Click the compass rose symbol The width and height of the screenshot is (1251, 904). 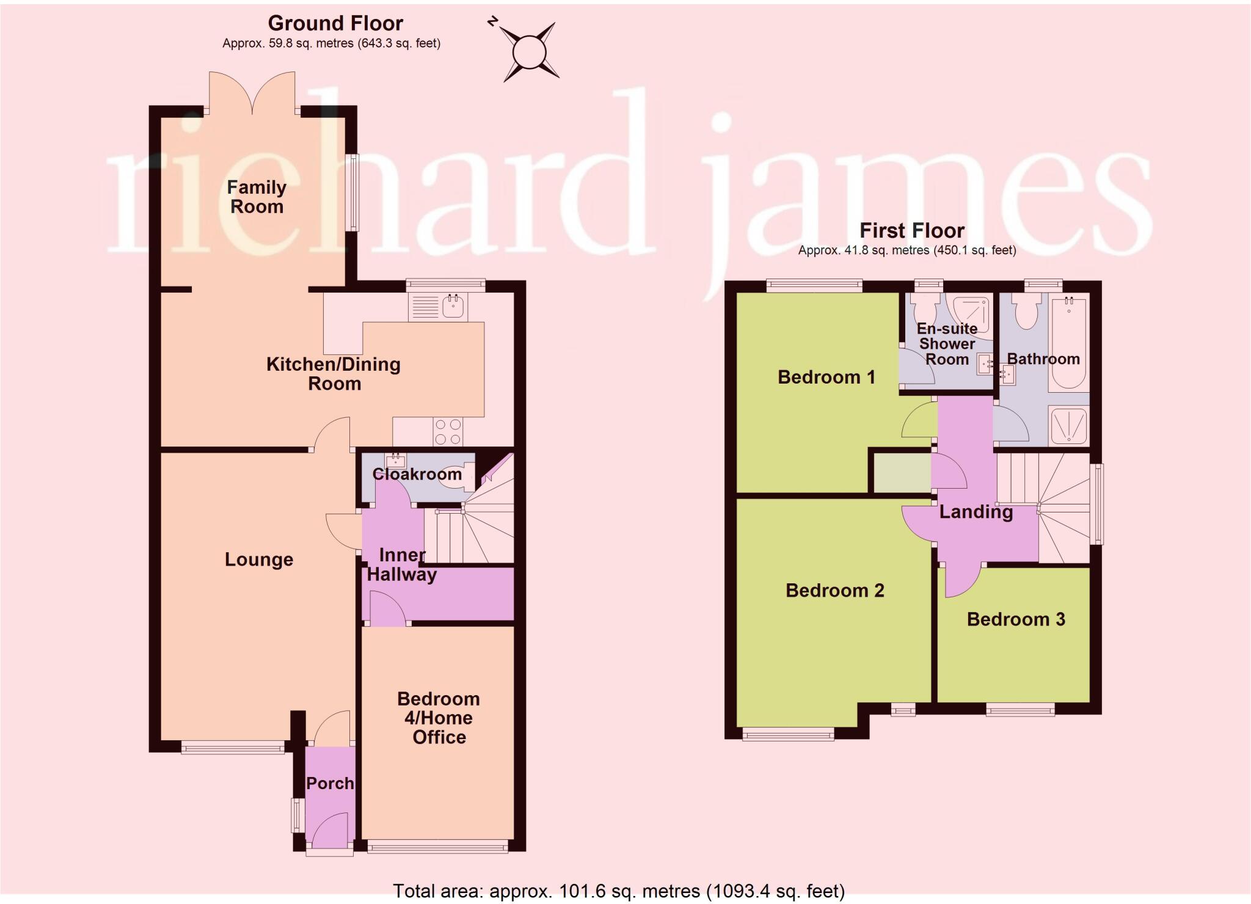[x=529, y=53]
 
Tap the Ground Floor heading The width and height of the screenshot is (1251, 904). [x=335, y=24]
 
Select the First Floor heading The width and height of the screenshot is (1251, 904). [x=911, y=231]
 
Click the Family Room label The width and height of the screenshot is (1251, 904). [x=257, y=197]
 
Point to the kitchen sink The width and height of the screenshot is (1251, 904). [x=453, y=306]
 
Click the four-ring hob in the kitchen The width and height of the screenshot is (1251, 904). [x=447, y=431]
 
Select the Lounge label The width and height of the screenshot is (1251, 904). [x=259, y=560]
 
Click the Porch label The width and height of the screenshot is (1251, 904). [x=330, y=783]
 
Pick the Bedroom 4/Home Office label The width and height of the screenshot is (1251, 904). [x=439, y=718]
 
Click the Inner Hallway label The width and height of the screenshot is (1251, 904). [x=401, y=564]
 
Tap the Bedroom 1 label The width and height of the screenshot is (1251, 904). [x=826, y=377]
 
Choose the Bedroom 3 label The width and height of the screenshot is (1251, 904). [x=1015, y=619]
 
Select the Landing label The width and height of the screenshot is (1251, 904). [x=976, y=512]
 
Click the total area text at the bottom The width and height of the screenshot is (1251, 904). [x=618, y=891]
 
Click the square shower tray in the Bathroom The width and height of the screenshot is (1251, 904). [x=1068, y=425]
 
